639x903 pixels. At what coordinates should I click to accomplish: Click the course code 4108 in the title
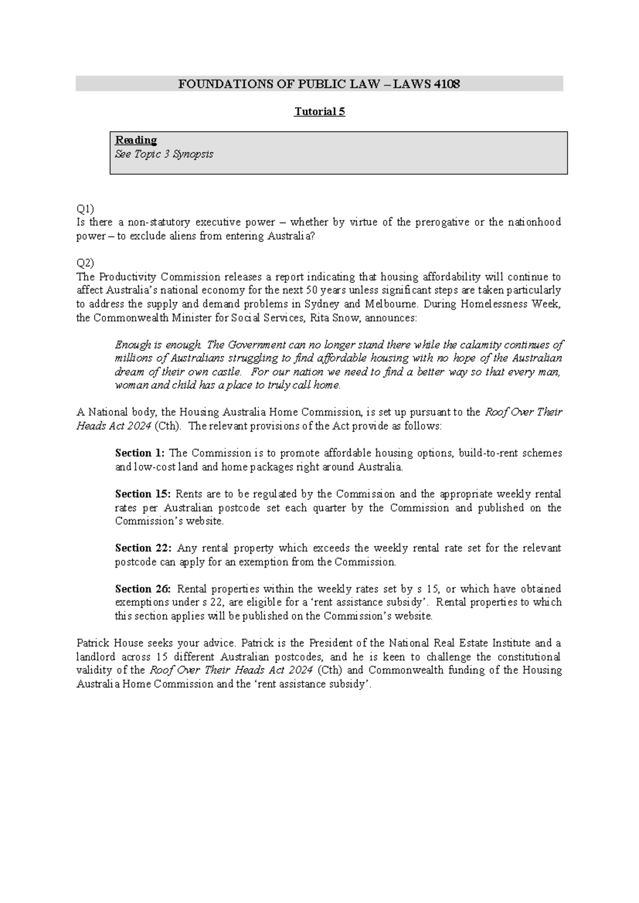tap(447, 84)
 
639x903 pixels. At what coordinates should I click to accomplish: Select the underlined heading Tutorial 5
tap(319, 112)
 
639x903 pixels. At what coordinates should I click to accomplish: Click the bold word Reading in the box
tap(136, 140)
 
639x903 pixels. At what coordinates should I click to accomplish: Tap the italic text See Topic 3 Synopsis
tap(164, 154)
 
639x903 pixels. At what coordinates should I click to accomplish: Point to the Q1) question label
tap(85, 209)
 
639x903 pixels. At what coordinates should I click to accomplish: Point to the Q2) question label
tap(85, 263)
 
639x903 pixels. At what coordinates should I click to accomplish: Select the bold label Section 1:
tap(140, 453)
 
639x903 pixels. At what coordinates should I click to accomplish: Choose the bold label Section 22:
tap(143, 548)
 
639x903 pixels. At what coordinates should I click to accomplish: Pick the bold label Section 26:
tap(143, 589)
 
